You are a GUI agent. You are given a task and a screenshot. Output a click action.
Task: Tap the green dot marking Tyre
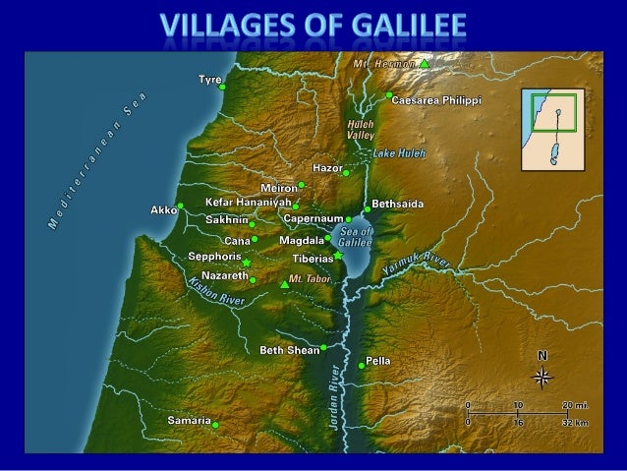tap(222, 87)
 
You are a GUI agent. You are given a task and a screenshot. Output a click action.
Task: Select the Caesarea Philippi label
tap(436, 100)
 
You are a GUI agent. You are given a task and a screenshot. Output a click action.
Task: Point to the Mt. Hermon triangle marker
tap(424, 63)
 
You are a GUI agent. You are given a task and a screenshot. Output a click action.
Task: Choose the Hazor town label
tap(326, 168)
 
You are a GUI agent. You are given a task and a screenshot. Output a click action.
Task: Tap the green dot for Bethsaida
tap(368, 209)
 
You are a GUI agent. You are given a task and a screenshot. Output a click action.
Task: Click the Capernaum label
tap(313, 217)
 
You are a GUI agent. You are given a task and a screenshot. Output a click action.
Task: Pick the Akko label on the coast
tap(162, 209)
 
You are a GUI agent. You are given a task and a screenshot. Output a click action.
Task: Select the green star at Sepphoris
tap(246, 264)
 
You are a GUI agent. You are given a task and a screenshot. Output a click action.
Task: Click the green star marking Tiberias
tap(337, 256)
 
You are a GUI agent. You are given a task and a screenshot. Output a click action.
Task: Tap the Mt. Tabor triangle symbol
tap(284, 284)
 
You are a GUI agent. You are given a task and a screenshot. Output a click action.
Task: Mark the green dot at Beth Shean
tap(323, 347)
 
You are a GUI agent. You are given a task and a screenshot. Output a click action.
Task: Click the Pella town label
tap(378, 361)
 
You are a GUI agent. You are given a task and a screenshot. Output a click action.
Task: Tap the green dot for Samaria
tap(215, 425)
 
